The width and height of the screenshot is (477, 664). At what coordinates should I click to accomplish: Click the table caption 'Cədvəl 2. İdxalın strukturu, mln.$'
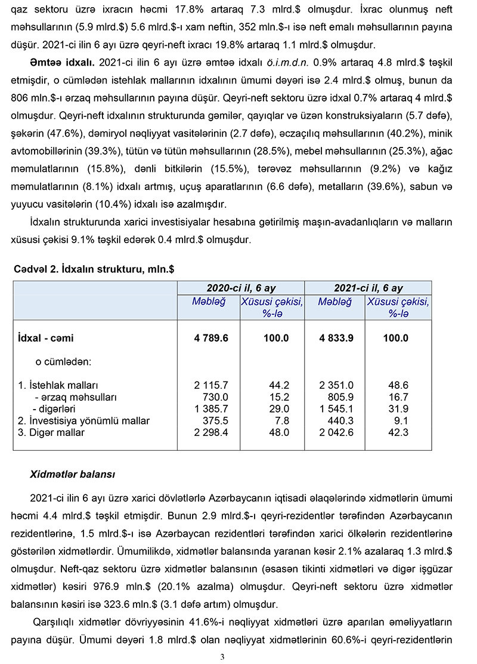point(94,270)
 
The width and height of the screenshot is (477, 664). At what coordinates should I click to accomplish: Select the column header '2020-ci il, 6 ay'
point(241,288)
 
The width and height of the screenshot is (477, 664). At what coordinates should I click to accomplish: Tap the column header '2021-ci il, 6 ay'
point(368,288)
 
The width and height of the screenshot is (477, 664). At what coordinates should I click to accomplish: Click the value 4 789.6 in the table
point(211,338)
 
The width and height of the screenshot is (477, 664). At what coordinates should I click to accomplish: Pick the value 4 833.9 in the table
point(336,338)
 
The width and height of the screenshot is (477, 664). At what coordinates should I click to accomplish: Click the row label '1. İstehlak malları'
point(58,385)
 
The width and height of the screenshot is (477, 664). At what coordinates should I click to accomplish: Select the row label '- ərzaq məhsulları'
point(76,397)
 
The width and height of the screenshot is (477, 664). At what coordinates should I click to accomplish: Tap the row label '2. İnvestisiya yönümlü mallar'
point(84,421)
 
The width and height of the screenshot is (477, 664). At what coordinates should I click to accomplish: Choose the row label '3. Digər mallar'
point(51,432)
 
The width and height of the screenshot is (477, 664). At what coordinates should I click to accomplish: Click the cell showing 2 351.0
point(336,385)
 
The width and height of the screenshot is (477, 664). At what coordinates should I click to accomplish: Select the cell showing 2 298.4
point(211,432)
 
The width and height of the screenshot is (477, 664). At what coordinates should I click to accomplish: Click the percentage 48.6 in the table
point(398,385)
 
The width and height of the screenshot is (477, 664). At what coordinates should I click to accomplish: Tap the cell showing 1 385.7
point(211,409)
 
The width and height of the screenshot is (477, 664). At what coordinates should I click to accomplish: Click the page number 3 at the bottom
point(222,657)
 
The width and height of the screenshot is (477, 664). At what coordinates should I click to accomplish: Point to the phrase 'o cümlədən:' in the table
point(63,362)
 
